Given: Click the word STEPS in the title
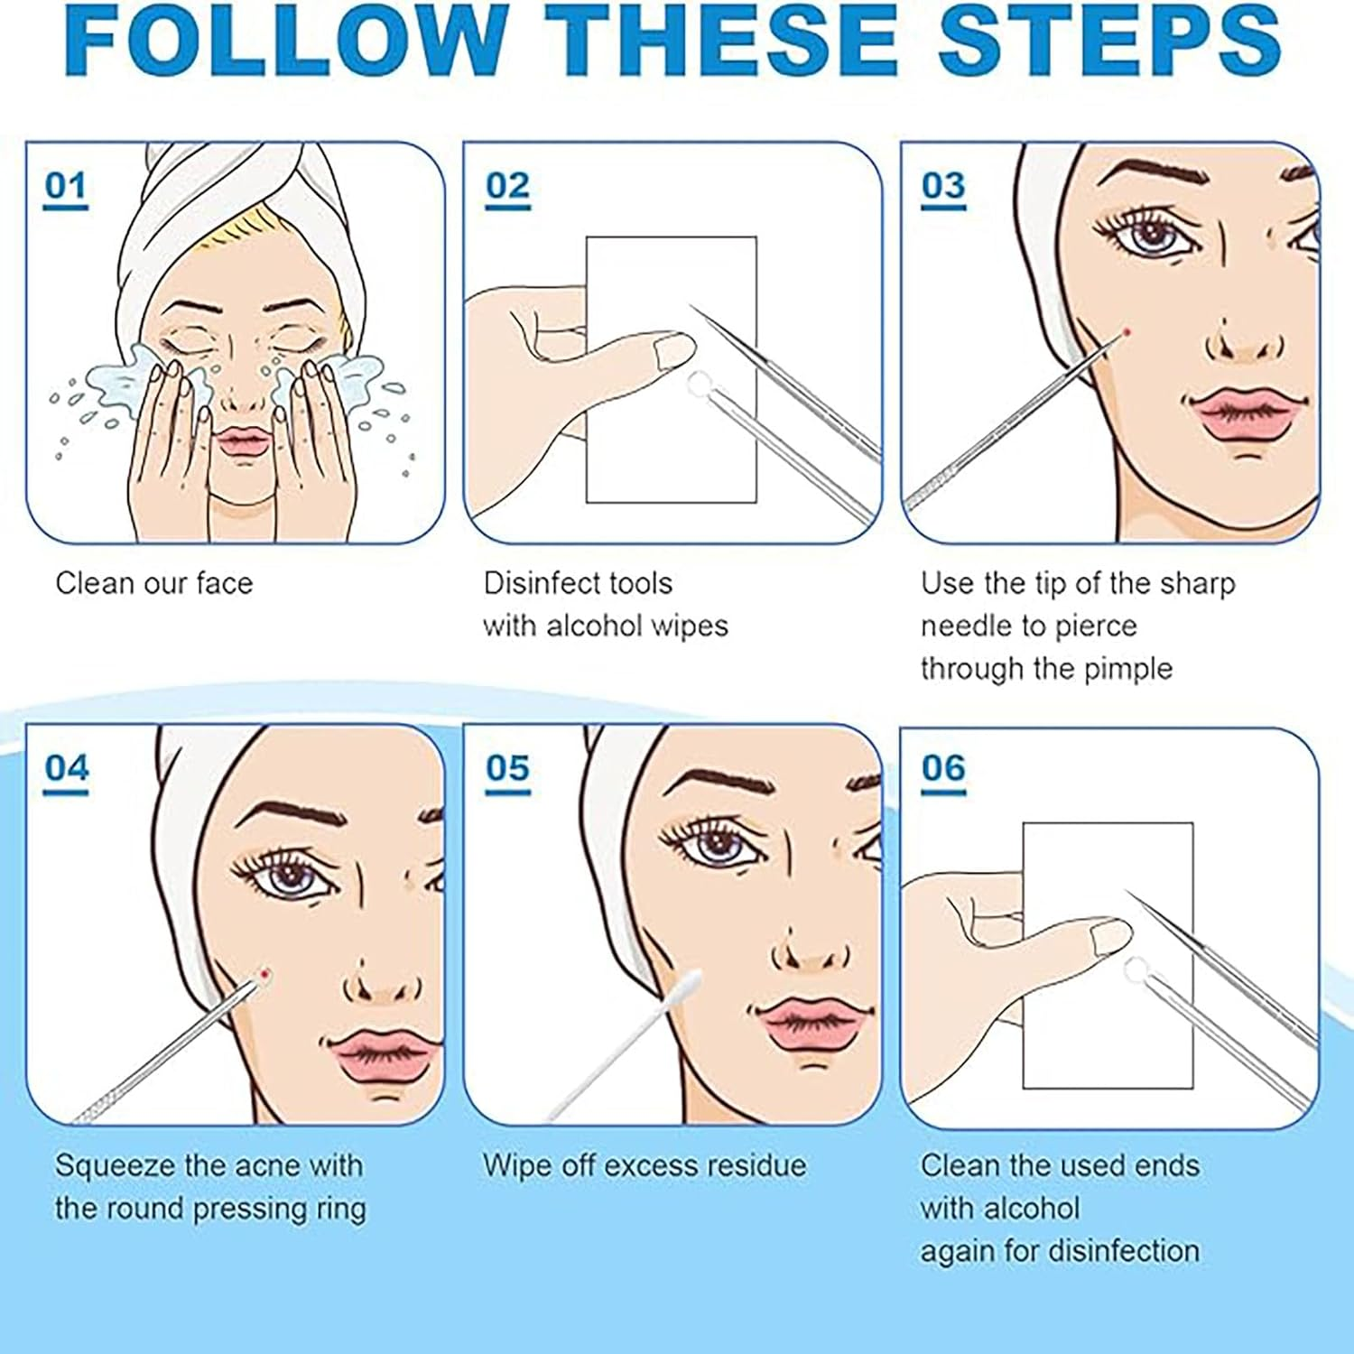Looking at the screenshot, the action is pos(1109,41).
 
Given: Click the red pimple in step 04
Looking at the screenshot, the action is pos(264,972).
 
